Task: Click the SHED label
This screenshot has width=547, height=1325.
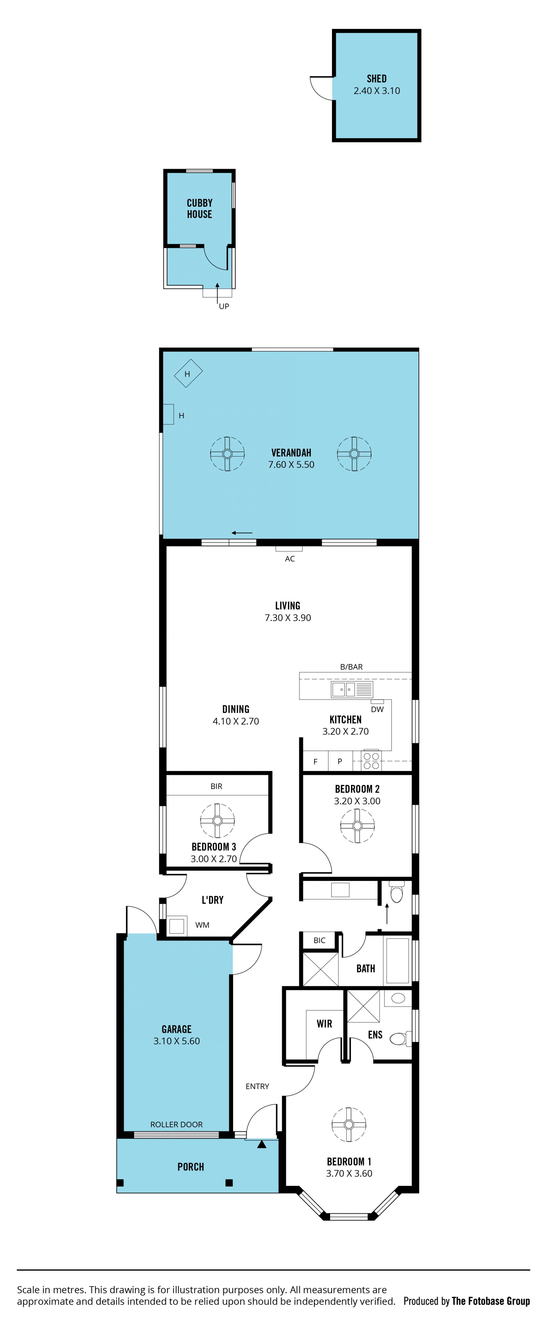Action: [376, 79]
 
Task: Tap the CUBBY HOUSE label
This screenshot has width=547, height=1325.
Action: [199, 208]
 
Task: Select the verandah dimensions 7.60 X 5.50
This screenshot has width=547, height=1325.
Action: [291, 464]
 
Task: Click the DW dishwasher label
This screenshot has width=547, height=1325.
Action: [377, 709]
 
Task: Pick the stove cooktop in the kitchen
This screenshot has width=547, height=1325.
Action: [371, 761]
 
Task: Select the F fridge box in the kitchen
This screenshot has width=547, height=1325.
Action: [315, 761]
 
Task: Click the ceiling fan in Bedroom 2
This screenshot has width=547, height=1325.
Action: [357, 825]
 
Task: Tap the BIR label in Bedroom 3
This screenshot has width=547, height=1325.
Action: [217, 786]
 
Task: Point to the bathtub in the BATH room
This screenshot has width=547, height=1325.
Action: [397, 961]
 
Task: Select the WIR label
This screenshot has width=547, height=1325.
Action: [324, 1024]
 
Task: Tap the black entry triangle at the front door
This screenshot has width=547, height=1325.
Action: [262, 1144]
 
